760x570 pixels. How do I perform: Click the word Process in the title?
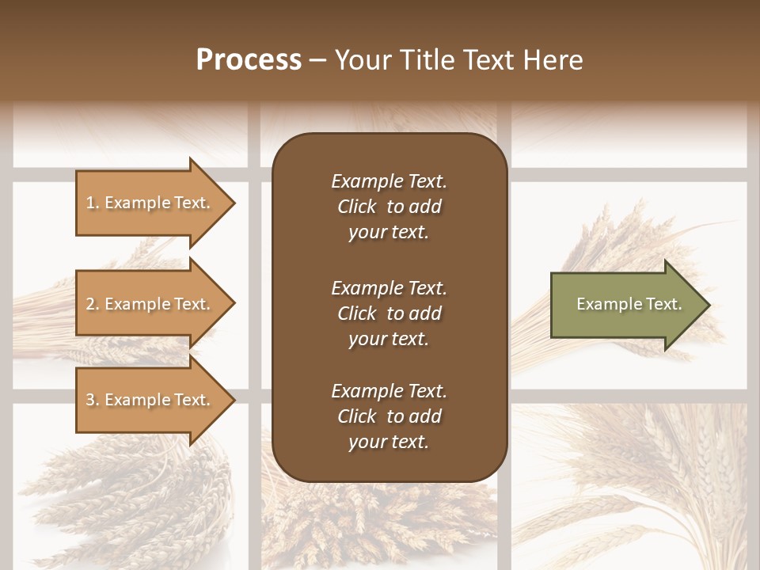(249, 60)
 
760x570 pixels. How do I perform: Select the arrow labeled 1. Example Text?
(150, 203)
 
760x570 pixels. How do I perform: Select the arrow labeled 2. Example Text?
(150, 304)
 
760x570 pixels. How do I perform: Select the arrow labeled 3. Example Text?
(150, 400)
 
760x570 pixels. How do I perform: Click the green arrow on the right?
(625, 305)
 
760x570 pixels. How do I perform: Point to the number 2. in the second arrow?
(93, 304)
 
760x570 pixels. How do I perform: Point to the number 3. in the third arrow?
(93, 400)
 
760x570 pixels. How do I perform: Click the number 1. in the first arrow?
(92, 203)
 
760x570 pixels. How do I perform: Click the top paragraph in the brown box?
(389, 207)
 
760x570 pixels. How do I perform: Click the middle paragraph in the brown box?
(389, 313)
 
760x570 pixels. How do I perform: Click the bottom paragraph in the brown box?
(389, 416)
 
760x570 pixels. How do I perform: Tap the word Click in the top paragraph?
(356, 207)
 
